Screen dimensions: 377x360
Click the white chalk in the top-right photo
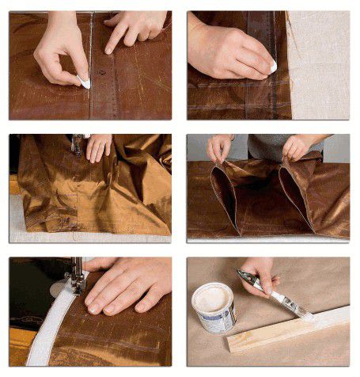click(x=272, y=68)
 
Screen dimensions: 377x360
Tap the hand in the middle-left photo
click(x=100, y=147)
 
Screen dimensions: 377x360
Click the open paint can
click(x=214, y=305)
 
